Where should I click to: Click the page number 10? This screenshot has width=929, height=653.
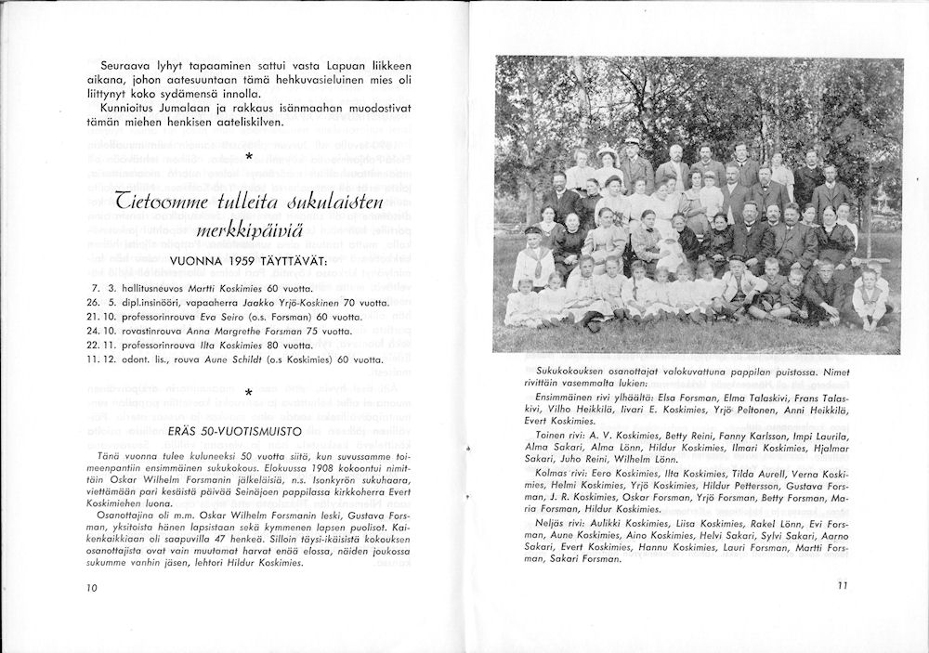click(90, 587)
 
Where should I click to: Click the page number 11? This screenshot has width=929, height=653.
click(843, 585)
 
